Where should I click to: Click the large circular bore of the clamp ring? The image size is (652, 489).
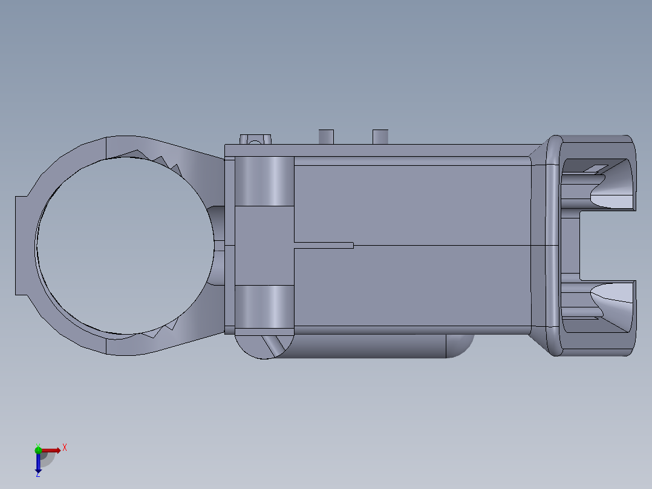point(124,245)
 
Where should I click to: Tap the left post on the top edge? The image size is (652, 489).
point(326,136)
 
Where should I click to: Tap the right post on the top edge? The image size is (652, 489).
point(380,136)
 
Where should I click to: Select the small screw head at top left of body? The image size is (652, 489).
point(255,140)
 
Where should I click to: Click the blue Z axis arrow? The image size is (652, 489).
point(38,464)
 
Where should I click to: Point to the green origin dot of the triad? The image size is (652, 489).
point(38,450)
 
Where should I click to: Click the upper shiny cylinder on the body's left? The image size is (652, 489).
point(264,181)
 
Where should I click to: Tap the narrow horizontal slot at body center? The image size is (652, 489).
point(324,245)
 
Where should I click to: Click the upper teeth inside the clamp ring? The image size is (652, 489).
point(160,160)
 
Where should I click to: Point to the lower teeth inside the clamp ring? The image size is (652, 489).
point(160,330)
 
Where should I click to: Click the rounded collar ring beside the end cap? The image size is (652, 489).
point(552,245)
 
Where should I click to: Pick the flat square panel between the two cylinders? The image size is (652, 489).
point(264,245)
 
